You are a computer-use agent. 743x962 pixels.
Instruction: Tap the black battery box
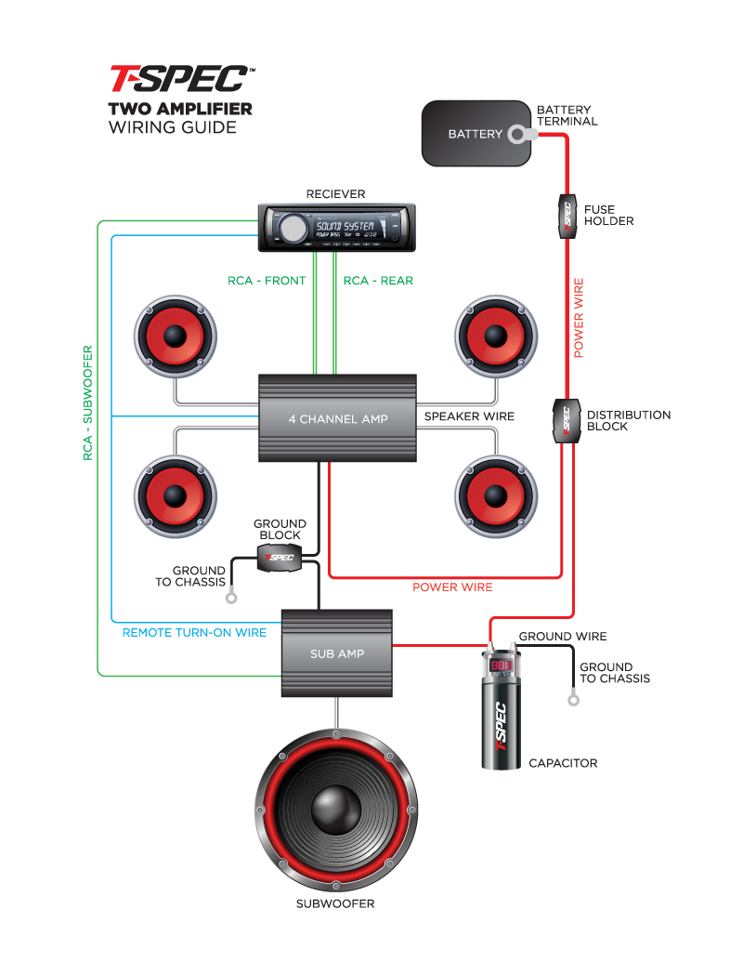click(x=473, y=134)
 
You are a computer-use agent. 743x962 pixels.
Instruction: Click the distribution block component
click(x=564, y=421)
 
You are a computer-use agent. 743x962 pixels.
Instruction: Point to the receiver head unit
click(x=336, y=227)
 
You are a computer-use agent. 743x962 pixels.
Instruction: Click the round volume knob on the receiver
click(x=292, y=227)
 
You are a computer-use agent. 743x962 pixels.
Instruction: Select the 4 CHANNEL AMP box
click(x=337, y=418)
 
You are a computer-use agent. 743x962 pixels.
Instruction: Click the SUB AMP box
click(x=337, y=653)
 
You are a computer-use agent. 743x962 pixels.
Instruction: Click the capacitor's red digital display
click(x=502, y=665)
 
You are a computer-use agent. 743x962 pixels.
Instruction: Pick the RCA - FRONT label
click(x=267, y=281)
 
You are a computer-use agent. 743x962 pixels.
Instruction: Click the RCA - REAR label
click(x=378, y=281)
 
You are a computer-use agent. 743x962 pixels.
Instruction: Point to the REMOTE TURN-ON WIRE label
click(x=194, y=633)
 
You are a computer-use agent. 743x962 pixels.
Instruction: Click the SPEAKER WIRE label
click(x=469, y=416)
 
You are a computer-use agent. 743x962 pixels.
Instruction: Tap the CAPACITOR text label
click(x=563, y=763)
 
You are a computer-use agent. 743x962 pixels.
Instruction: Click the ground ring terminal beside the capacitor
click(x=573, y=699)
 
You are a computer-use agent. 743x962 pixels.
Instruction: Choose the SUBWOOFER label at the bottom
click(x=335, y=903)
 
